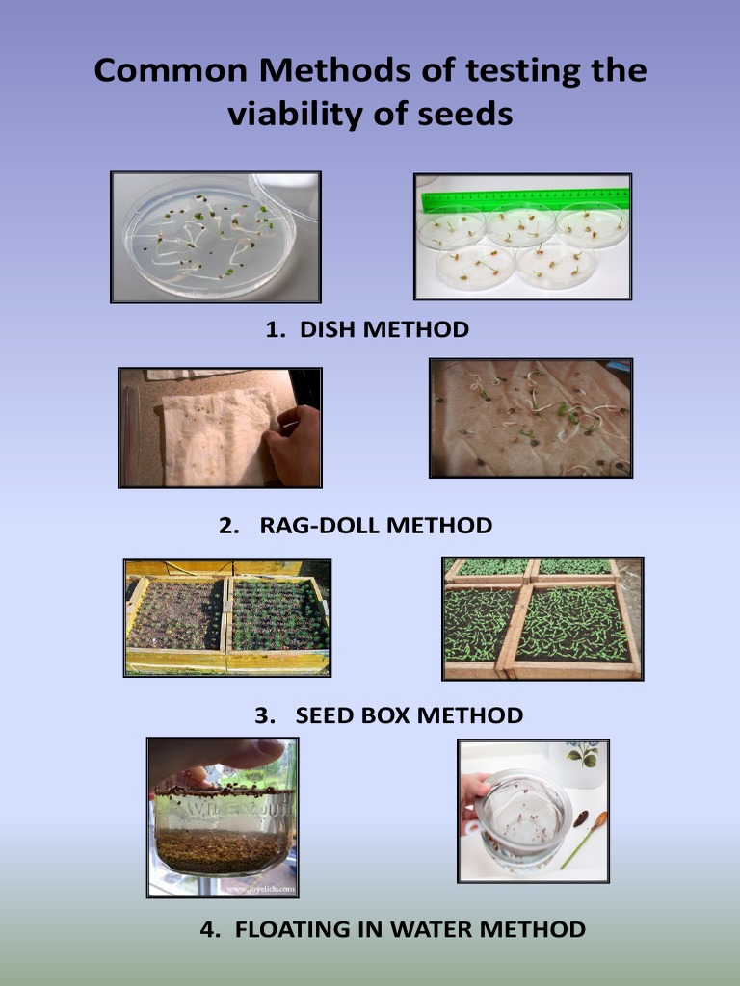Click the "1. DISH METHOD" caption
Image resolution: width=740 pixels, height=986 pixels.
(x=367, y=329)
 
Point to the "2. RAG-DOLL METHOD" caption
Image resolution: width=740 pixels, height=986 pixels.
(x=356, y=526)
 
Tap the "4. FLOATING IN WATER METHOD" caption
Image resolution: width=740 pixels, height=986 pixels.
(x=392, y=929)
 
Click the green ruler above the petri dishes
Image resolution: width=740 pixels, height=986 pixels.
(x=525, y=199)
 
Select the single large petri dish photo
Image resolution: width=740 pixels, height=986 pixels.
(x=215, y=237)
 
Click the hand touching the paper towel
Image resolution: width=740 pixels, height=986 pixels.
(x=297, y=445)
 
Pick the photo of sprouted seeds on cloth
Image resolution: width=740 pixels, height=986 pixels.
(x=530, y=418)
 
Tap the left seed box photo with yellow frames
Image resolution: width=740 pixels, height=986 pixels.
(x=227, y=617)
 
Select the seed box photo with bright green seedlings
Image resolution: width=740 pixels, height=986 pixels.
(x=542, y=618)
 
